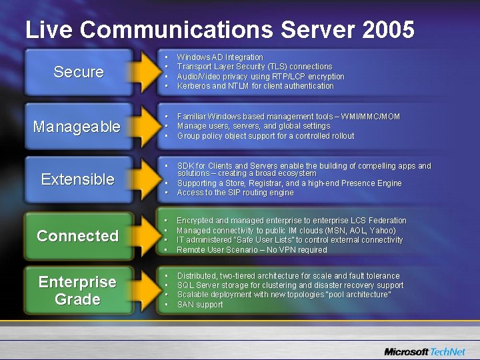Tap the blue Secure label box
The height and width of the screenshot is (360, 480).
point(79,72)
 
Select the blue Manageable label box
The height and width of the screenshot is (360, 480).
point(77,127)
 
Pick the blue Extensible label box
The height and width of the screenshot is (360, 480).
point(77,179)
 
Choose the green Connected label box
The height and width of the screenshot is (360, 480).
point(77,236)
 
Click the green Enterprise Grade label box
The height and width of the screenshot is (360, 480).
point(77,291)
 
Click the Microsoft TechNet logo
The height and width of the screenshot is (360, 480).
point(425,351)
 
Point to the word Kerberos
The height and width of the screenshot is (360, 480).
point(193,86)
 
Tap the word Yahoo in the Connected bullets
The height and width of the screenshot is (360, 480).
point(381,231)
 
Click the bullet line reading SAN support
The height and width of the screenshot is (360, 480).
point(200,305)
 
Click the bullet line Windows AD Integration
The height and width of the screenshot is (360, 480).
point(220,57)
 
